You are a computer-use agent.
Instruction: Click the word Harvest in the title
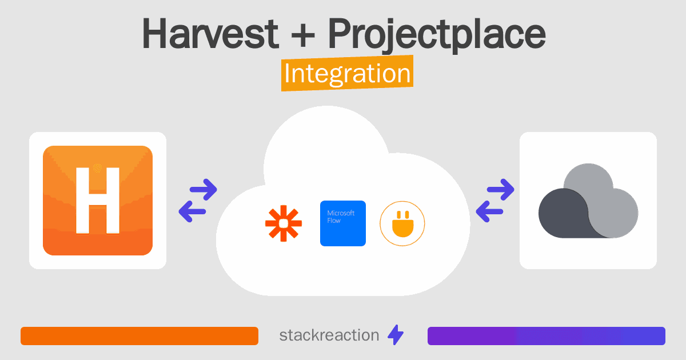[x=210, y=33]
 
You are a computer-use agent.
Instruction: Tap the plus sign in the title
[x=303, y=35]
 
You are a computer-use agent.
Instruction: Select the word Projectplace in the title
[x=437, y=35]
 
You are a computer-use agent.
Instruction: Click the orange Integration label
[x=348, y=73]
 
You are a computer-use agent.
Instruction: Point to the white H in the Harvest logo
[x=98, y=201]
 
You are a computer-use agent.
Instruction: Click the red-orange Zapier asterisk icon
[x=284, y=223]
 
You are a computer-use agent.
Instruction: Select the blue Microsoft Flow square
[x=342, y=223]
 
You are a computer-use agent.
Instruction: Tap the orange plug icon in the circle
[x=402, y=224]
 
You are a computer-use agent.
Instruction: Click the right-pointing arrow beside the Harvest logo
[x=204, y=190]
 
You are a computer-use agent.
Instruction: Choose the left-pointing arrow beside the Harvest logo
[x=192, y=211]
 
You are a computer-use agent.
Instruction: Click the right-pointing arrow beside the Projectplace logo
[x=500, y=190]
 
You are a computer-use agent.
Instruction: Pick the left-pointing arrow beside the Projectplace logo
[x=489, y=211]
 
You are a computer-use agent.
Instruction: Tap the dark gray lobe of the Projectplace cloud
[x=563, y=214]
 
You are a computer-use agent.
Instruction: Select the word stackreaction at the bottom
[x=329, y=335]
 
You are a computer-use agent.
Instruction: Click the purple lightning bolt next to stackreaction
[x=396, y=335]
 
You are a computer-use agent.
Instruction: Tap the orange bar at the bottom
[x=139, y=336]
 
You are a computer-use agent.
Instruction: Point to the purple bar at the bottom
[x=547, y=336]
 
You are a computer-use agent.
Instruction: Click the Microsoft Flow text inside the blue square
[x=341, y=217]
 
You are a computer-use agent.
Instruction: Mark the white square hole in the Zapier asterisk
[x=284, y=224]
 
